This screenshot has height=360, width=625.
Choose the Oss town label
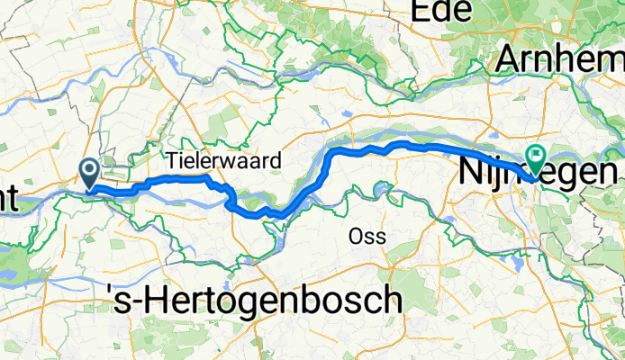click(367, 237)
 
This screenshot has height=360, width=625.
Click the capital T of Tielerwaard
click(172, 160)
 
